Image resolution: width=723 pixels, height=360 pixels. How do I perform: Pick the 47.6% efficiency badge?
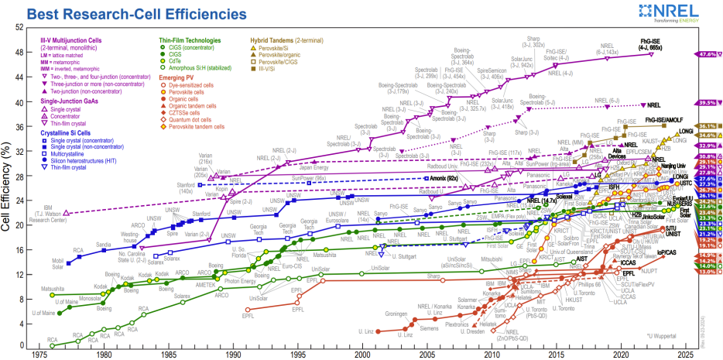pos(706,55)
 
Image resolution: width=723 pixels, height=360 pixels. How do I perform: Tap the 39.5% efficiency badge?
pos(706,103)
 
